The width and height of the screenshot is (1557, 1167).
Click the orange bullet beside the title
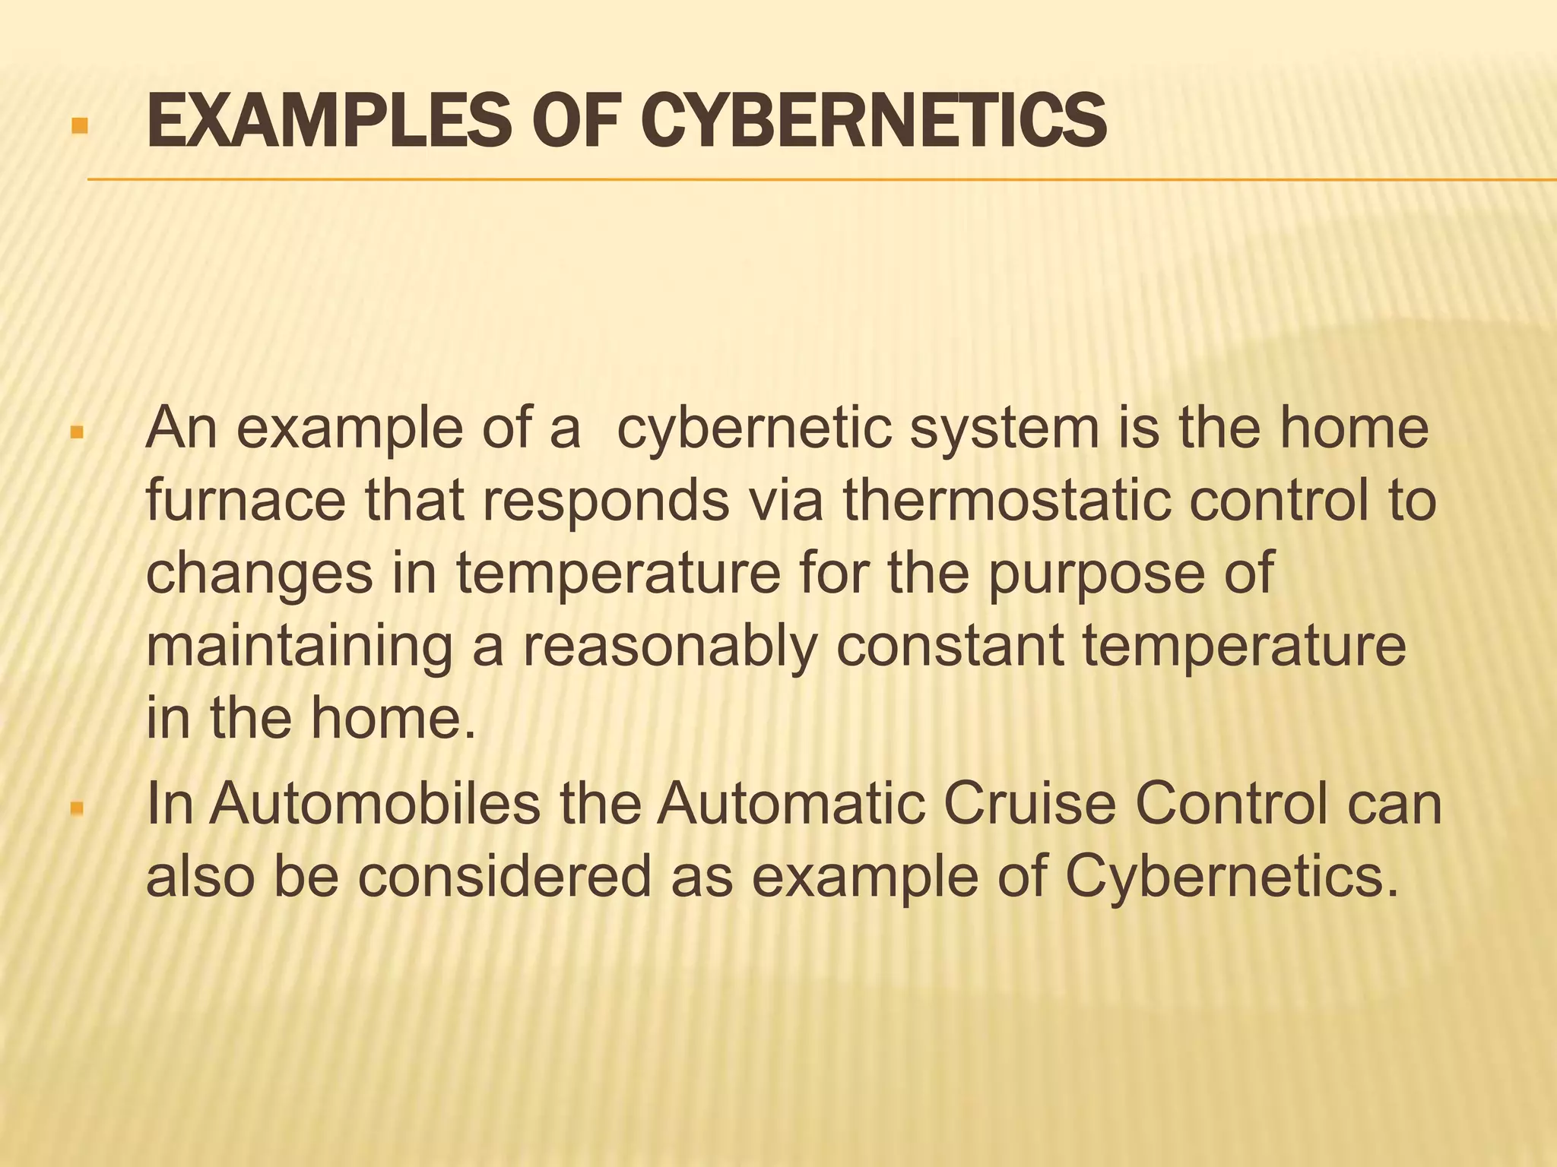(79, 125)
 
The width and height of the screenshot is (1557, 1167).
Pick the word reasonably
(670, 647)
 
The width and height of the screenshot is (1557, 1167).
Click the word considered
(505, 876)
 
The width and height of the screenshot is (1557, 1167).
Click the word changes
(259, 574)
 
